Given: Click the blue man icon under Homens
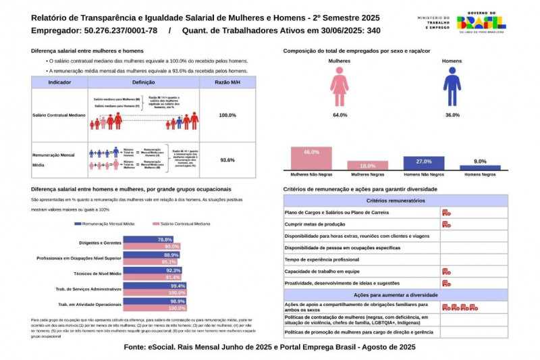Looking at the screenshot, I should pos(451,88).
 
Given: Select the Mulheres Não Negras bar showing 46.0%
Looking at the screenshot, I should pos(311,157).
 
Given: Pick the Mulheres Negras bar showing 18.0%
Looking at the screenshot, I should pos(367,165).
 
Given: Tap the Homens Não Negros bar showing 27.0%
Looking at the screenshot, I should pos(423,162).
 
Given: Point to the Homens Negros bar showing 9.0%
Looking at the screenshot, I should pos(480,167).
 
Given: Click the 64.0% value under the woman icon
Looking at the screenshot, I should pos(340,115).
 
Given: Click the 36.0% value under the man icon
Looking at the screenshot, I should pos(452,115).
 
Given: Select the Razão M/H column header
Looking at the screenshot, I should pos(227,82).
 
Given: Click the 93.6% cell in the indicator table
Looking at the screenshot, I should pos(227,160).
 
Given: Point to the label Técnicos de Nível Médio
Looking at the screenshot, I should pos(98,274).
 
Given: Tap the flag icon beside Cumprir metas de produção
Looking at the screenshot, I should pos(446,224).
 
